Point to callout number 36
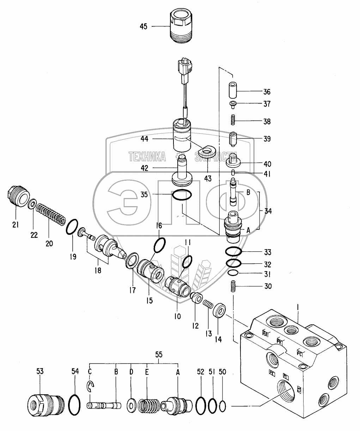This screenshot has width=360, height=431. pyautogui.click(x=267, y=92)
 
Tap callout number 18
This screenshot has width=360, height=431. pyautogui.click(x=98, y=271)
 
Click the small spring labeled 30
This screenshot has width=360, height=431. pyautogui.click(x=233, y=286)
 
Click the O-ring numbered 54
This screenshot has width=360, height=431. pyautogui.click(x=75, y=402)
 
